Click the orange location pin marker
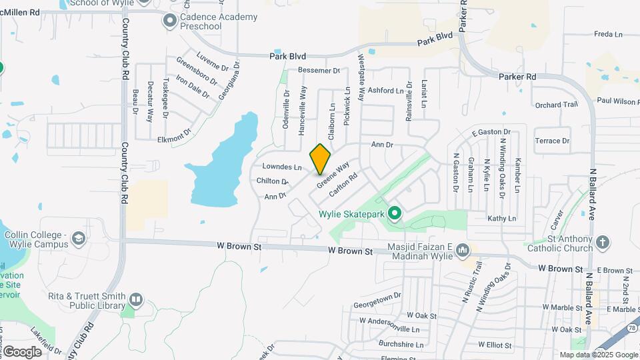point(320,159)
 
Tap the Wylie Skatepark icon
point(395,213)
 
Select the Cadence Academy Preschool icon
point(169,21)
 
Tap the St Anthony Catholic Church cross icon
point(603,242)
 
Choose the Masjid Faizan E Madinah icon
point(463,251)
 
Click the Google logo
point(21,351)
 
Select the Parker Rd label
point(517,77)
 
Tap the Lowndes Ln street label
point(283,167)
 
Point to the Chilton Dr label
point(271,181)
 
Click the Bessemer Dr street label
point(319,70)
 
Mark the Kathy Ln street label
point(502,218)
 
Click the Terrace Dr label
point(553,141)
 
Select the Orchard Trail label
point(556,105)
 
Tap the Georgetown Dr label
point(377,295)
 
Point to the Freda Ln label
point(607,34)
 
